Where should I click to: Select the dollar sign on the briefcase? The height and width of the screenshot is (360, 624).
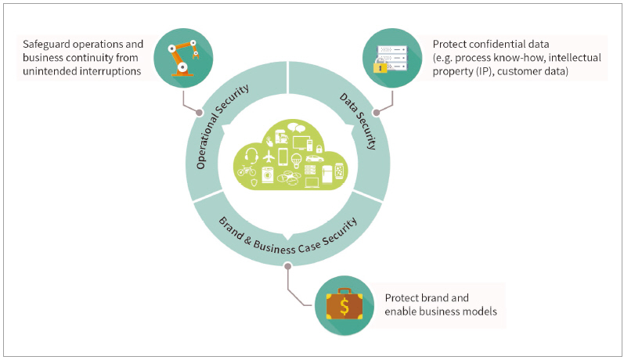pos(344,304)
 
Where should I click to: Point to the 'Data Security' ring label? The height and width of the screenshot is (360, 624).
pos(359,122)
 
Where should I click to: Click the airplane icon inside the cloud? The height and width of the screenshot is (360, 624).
pos(269,156)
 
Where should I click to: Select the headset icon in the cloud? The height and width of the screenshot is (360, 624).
pos(252,155)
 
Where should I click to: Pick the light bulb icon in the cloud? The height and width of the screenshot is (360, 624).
pos(297,160)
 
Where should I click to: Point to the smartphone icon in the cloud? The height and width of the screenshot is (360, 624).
pos(283,156)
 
